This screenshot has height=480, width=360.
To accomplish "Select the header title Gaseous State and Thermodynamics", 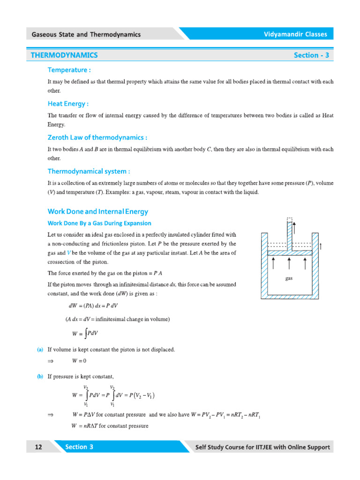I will click(86, 34).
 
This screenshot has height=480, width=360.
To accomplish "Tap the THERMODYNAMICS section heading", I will click(64, 55).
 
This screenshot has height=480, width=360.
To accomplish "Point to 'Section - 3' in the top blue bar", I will click(311, 55).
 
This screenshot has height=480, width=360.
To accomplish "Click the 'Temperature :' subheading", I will click(69, 70).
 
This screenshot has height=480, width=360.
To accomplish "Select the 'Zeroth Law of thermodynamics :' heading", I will click(97, 137).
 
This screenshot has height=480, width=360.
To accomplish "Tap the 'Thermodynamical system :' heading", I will click(89, 171).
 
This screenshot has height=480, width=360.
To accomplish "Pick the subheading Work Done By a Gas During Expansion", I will click(99, 223).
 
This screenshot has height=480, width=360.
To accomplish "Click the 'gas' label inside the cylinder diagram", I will click(289, 278).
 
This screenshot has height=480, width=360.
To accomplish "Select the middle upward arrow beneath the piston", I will click(289, 262).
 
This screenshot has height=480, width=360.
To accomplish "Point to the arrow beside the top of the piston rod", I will click(294, 228).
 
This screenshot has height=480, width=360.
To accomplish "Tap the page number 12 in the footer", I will click(38, 447).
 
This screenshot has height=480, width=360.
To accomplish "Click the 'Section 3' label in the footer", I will click(79, 447).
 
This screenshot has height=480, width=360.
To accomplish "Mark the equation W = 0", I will click(79, 360).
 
